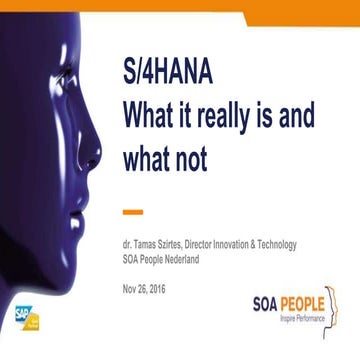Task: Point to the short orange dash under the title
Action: point(131,211)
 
